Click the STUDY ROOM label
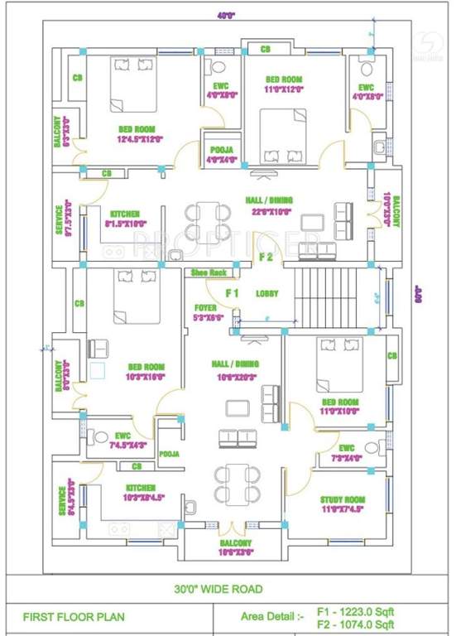click(342, 499)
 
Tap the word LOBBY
click(266, 293)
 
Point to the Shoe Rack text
click(208, 272)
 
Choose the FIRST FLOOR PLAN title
click(63, 617)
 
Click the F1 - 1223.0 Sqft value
click(357, 610)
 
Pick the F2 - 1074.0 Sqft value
click(357, 624)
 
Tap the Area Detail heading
click(271, 617)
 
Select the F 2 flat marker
click(266, 257)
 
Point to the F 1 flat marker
click(233, 293)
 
